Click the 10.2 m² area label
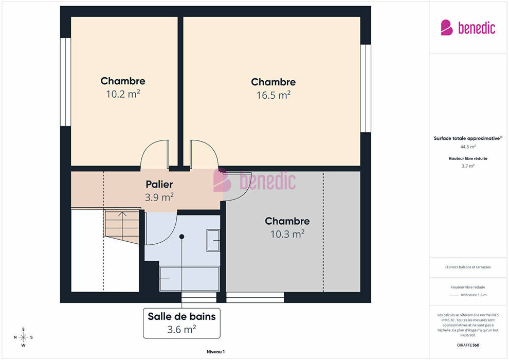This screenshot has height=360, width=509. coord(123,94)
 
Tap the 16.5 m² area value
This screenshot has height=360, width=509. coord(274,95)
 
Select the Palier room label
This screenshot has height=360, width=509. coord(159,185)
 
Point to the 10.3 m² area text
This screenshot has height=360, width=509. coord(287,234)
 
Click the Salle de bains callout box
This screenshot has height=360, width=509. coord(182,323)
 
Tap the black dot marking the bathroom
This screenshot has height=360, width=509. coord(182,237)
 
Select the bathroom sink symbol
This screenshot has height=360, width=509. coord(213,240)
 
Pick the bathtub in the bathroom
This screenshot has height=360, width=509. coord(190,279)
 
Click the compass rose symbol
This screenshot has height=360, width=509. coord(23,337)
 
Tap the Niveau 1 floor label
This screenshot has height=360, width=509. coord(215,352)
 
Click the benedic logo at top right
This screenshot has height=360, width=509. coord(468,28)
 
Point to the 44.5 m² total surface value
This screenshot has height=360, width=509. coord(468,147)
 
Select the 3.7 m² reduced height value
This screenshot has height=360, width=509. coord(468,166)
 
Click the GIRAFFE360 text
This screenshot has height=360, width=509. coord(468,345)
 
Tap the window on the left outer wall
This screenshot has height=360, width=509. coord(66,82)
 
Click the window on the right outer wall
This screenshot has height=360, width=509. coord(366,88)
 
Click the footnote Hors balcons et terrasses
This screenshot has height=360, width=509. coord(468,267)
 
